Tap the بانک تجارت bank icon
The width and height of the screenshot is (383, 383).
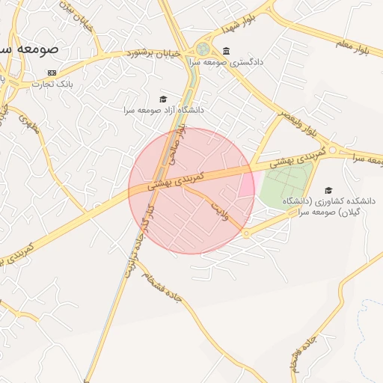coord(52,73)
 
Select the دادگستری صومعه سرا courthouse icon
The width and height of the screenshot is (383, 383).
coord(226,51)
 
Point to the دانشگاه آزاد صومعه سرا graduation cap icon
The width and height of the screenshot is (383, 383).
coord(163,99)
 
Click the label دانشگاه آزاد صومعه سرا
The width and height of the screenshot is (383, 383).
coord(164,110)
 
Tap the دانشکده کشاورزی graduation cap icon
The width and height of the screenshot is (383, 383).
coord(327,191)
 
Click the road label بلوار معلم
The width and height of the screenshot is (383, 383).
coord(353,46)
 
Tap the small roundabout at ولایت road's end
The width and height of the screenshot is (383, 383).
coord(246,234)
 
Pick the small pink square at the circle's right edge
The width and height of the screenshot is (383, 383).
coord(246,184)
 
